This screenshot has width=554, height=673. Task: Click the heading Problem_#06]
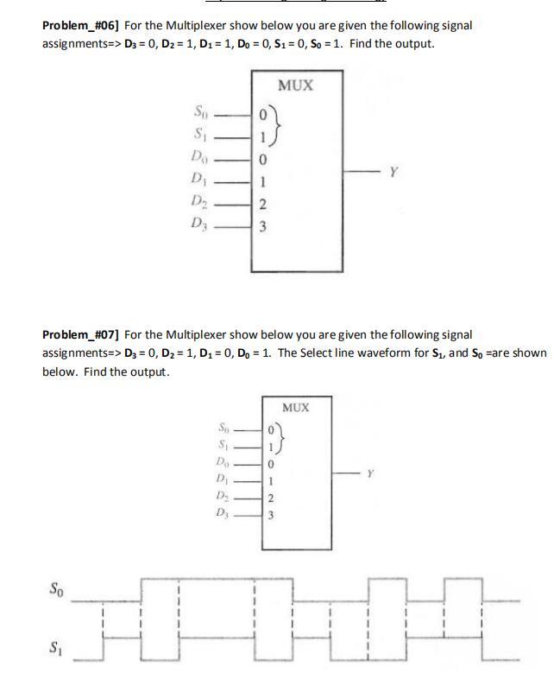click(x=82, y=26)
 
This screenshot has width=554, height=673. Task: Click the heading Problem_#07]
click(x=82, y=334)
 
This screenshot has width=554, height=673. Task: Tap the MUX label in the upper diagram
click(x=295, y=86)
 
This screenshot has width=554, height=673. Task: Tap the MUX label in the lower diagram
click(x=295, y=407)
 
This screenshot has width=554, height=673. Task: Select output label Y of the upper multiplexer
click(x=393, y=172)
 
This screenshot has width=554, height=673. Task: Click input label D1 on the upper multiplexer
click(x=199, y=181)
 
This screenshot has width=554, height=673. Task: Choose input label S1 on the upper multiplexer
click(x=200, y=135)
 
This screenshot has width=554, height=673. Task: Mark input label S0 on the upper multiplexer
click(x=200, y=111)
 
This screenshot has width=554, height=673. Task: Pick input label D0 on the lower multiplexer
click(x=223, y=465)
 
